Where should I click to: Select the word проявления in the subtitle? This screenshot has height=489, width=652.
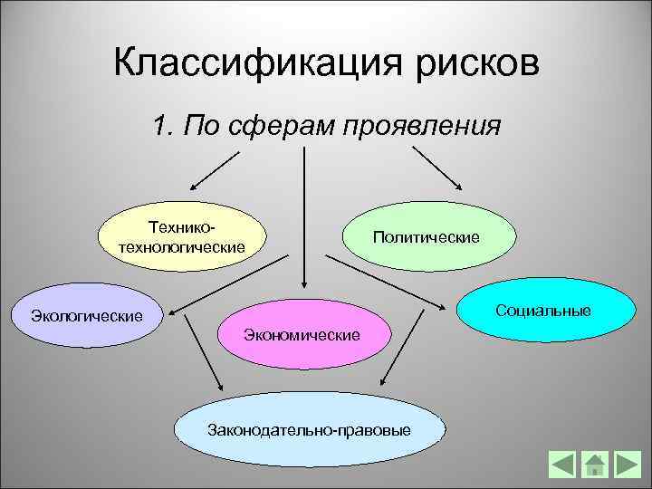click(x=421, y=125)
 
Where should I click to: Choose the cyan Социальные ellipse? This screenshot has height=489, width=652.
click(x=543, y=310)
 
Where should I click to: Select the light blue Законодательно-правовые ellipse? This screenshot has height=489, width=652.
click(x=308, y=427)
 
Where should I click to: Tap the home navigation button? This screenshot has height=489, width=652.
click(x=595, y=465)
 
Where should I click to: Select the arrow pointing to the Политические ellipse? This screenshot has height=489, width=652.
click(x=440, y=168)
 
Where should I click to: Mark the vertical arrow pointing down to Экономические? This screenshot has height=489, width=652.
click(x=304, y=217)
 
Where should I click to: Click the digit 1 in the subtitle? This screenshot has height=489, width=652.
click(x=160, y=125)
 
